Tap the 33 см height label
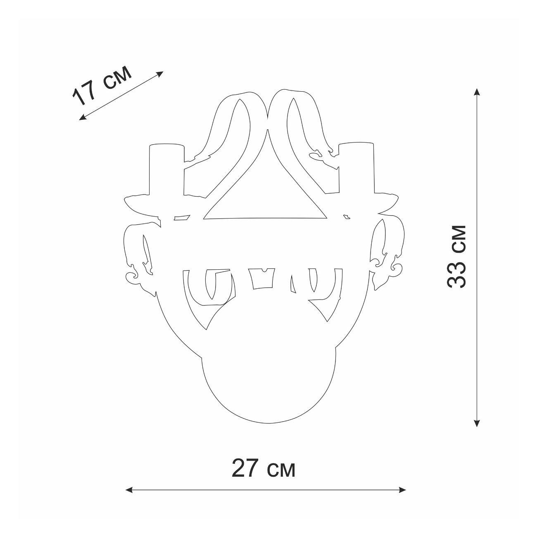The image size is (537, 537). [x=456, y=257]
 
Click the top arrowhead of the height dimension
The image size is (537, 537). [x=477, y=92]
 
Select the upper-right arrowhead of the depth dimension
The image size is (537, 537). [x=160, y=74]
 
